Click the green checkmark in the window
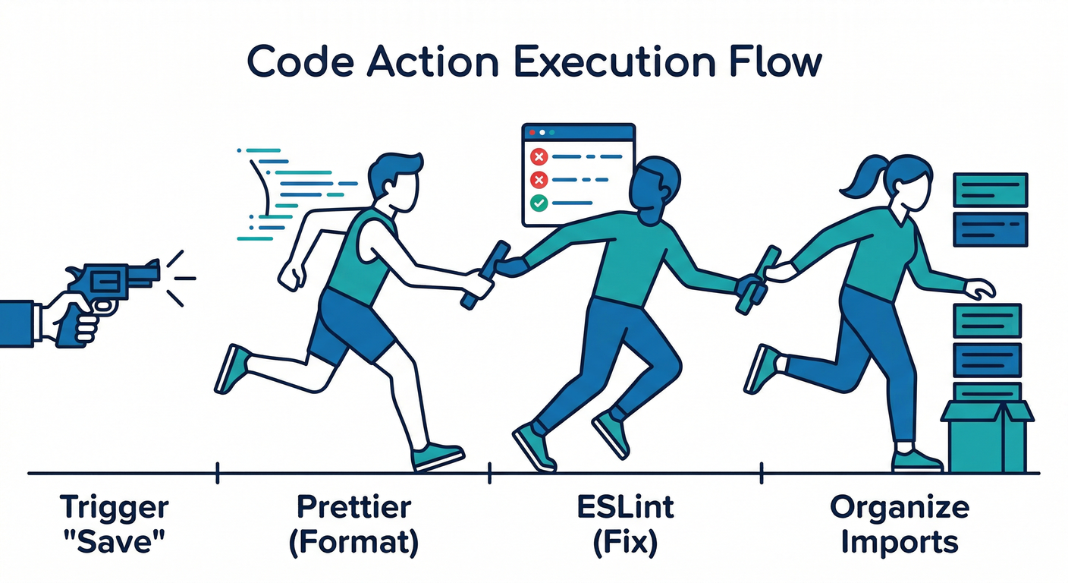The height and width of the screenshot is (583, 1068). (539, 203)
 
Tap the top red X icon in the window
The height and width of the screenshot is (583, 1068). (539, 157)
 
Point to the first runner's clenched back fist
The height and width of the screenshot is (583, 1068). (290, 278)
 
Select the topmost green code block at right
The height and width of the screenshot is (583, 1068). (990, 189)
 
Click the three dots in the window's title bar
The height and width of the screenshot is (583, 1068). (539, 131)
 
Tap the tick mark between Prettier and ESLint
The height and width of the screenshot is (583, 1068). (490, 474)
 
